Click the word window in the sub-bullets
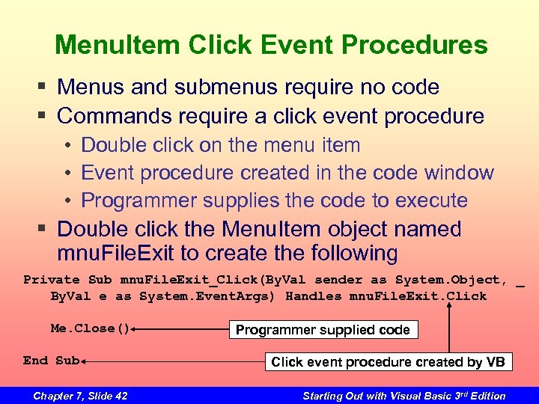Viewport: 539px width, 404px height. point(459,173)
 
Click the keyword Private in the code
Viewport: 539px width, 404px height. point(52,280)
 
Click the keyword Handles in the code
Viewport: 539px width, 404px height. point(314,296)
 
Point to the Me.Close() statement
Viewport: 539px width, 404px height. point(91,328)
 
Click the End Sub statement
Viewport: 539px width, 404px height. point(51,361)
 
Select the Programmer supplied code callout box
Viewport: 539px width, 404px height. point(323,330)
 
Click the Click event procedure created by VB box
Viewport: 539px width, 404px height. point(388,362)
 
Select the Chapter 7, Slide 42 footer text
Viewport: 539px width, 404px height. point(80,396)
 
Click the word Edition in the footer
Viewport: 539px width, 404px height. point(485,396)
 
